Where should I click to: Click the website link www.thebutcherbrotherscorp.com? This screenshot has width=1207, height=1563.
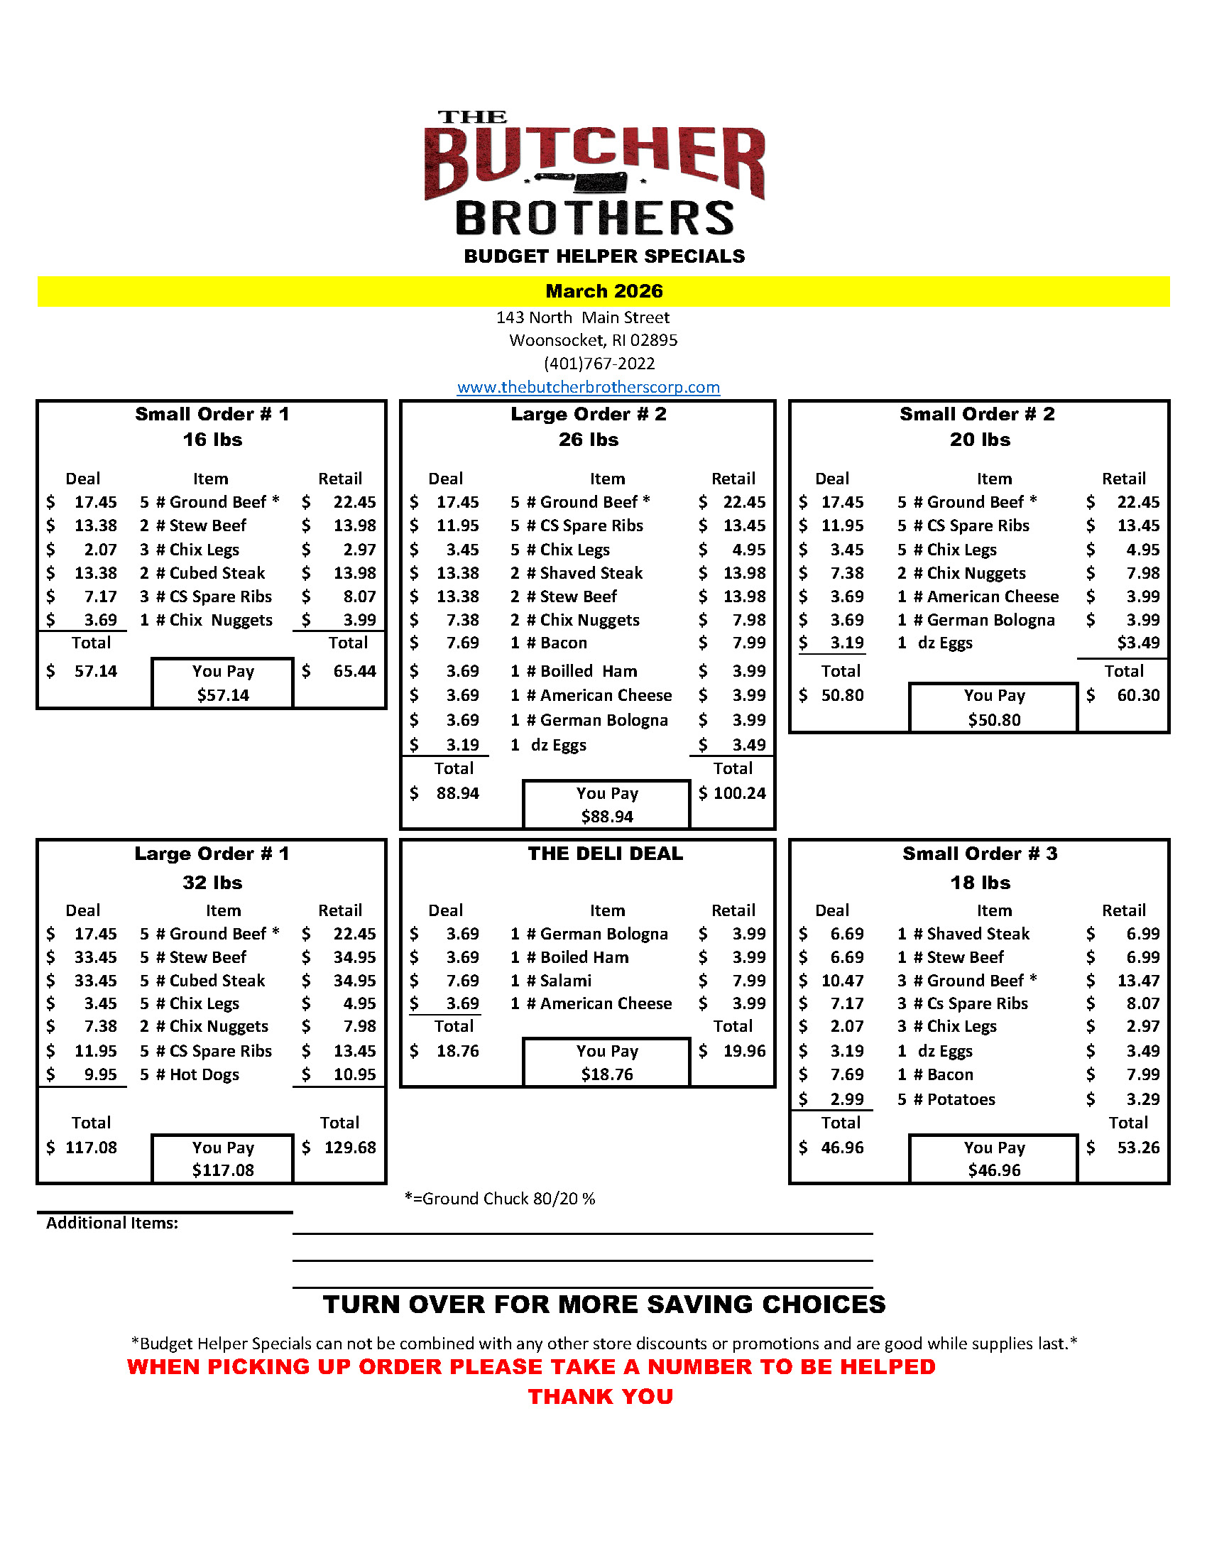pyautogui.click(x=588, y=387)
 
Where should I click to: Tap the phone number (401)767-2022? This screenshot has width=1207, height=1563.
pyautogui.click(x=599, y=364)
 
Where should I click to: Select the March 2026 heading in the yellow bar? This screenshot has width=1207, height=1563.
pyautogui.click(x=604, y=291)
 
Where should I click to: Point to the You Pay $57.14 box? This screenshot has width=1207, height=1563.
pyautogui.click(x=222, y=682)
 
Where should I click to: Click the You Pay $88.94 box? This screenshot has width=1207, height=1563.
pyautogui.click(x=607, y=805)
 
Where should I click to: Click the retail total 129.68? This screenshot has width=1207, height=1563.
pyautogui.click(x=350, y=1147)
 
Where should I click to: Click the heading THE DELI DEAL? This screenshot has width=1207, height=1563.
pyautogui.click(x=606, y=853)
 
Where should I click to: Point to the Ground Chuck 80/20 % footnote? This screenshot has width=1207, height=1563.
pyautogui.click(x=499, y=1198)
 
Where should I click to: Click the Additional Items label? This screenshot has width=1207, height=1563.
pyautogui.click(x=111, y=1223)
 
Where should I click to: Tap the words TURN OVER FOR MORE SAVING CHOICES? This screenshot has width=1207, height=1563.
pyautogui.click(x=604, y=1304)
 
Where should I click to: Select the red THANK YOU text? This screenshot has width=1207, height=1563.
pyautogui.click(x=600, y=1396)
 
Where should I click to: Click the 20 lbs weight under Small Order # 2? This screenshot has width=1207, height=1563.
pyautogui.click(x=980, y=440)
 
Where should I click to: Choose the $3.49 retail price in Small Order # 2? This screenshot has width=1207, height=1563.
pyautogui.click(x=1137, y=643)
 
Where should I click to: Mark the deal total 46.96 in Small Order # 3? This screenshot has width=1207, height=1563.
pyautogui.click(x=841, y=1147)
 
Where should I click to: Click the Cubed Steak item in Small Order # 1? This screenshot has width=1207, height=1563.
pyautogui.click(x=217, y=573)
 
